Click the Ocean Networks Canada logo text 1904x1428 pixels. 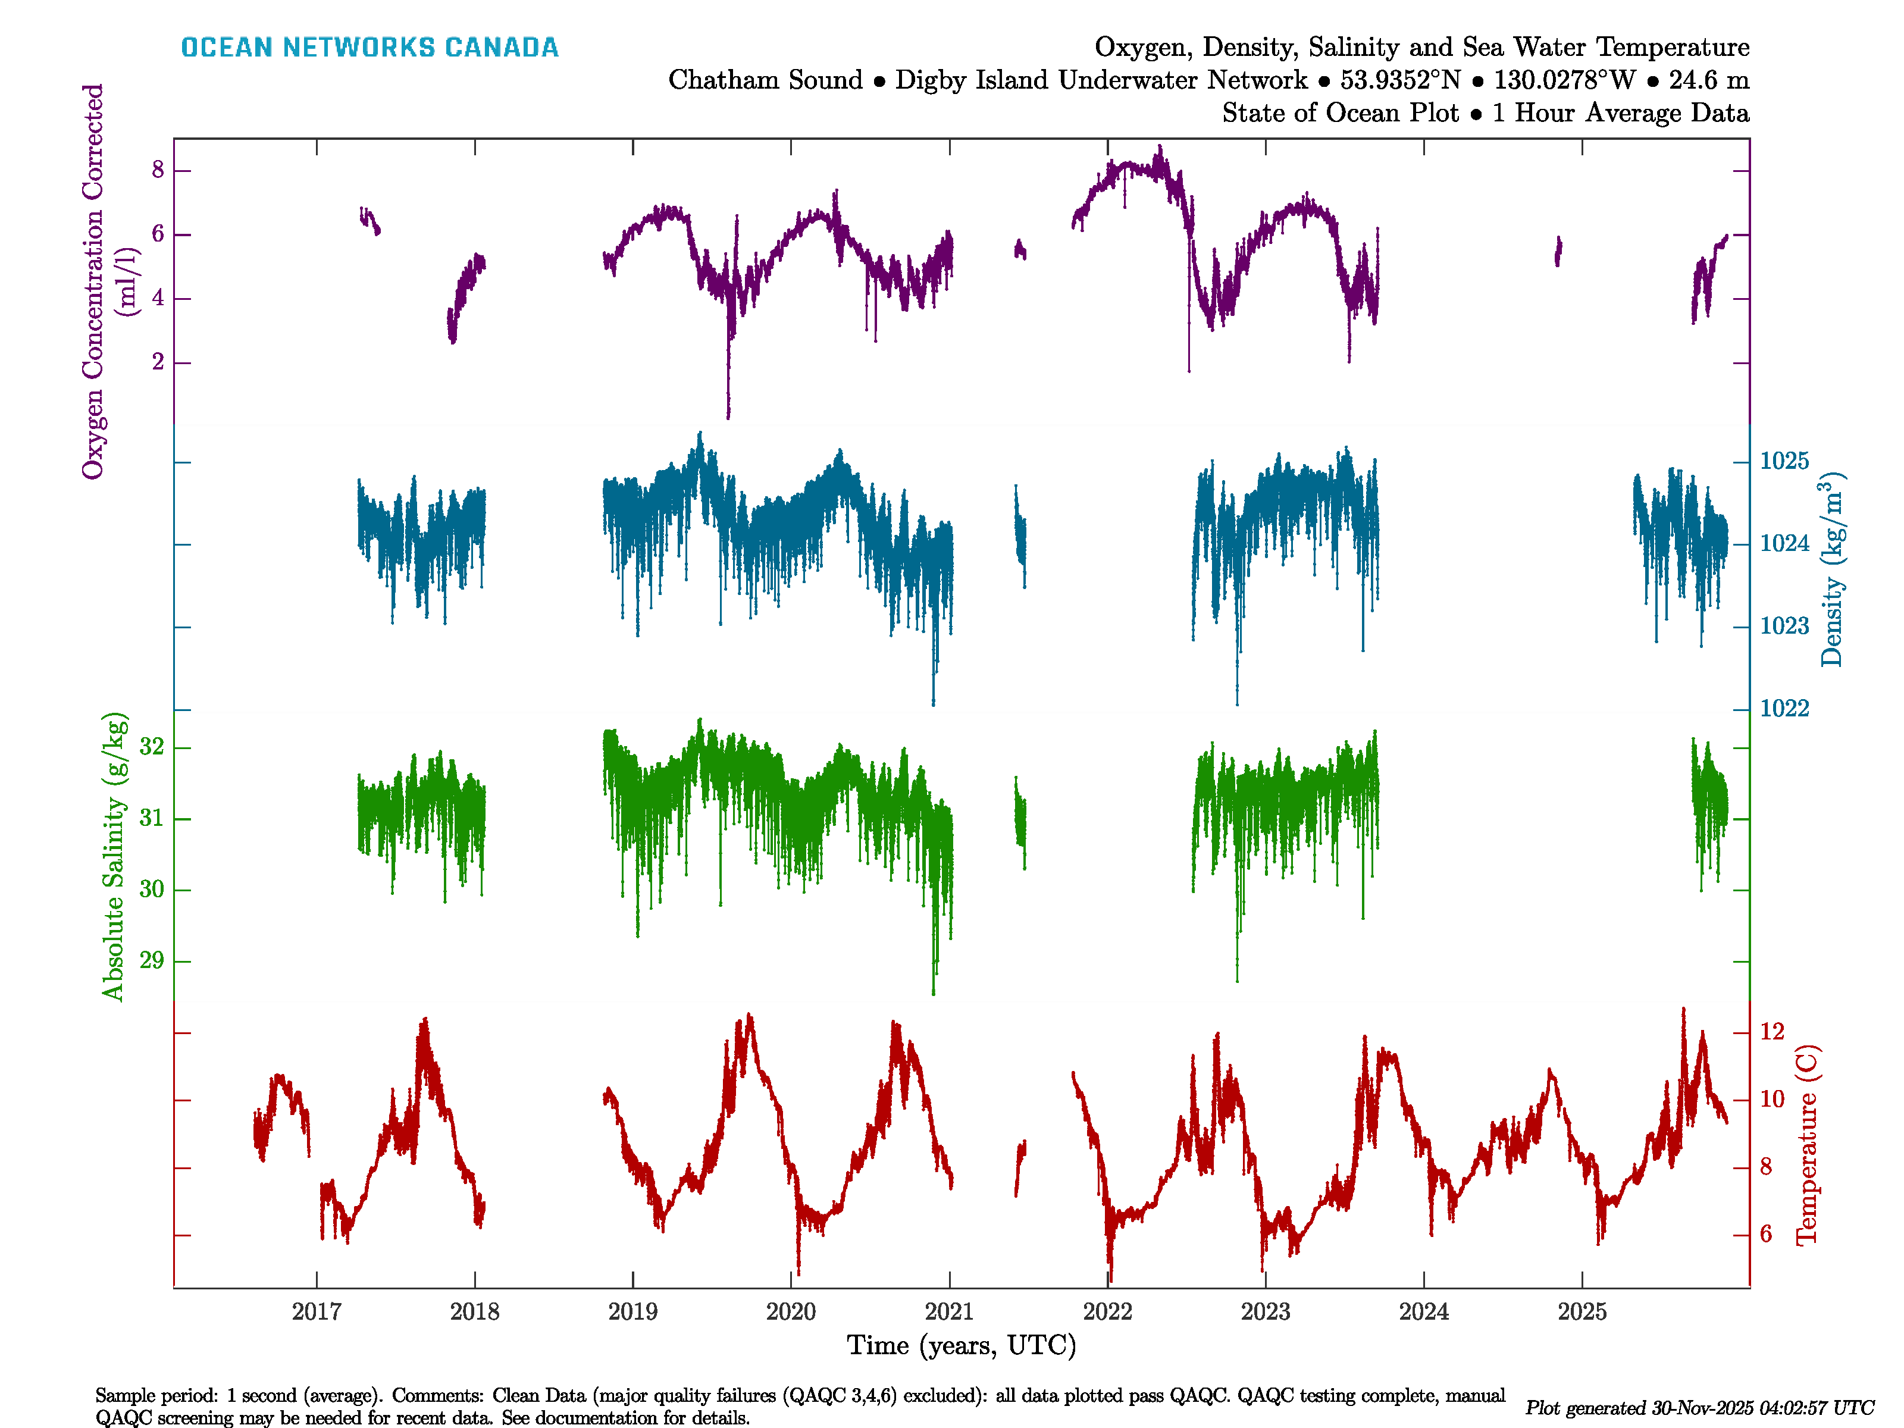click(x=369, y=48)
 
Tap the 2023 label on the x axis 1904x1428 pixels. click(x=1266, y=1312)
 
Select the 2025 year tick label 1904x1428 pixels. click(x=1582, y=1312)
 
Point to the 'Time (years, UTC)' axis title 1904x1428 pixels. click(x=962, y=1345)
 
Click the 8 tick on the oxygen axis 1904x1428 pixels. click(x=158, y=170)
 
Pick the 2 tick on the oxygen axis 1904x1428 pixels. click(x=158, y=362)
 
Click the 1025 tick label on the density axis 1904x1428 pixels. click(x=1784, y=461)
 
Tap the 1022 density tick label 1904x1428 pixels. click(x=1784, y=709)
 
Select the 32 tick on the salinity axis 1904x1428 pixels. click(x=152, y=746)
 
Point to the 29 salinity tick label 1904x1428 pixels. click(x=152, y=960)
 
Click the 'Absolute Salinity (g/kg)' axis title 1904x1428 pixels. click(x=114, y=856)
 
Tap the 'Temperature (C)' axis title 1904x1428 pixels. click(x=1807, y=1145)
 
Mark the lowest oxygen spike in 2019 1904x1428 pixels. click(x=728, y=416)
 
